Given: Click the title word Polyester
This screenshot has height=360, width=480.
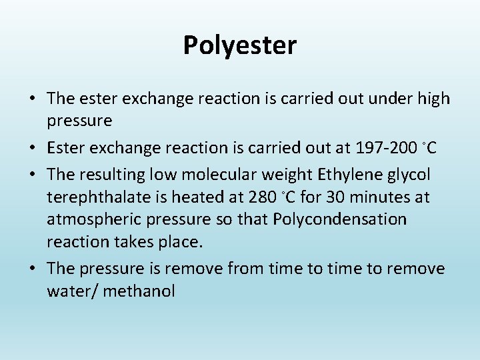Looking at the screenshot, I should (x=240, y=46).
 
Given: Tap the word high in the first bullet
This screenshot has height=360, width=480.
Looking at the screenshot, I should (x=432, y=99).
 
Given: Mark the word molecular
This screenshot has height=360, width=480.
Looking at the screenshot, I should (x=215, y=175).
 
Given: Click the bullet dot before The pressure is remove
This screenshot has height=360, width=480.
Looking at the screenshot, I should (x=32, y=269).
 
